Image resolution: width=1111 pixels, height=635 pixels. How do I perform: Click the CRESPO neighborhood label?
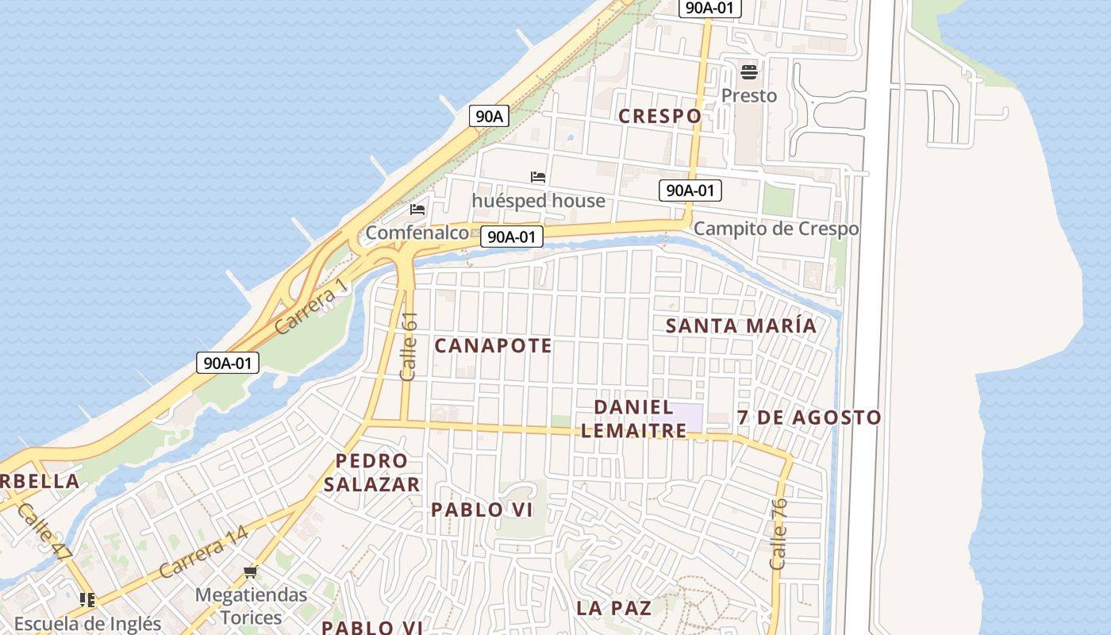659,116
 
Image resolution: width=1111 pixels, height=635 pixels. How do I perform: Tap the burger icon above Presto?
749,73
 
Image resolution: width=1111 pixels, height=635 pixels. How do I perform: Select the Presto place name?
749,95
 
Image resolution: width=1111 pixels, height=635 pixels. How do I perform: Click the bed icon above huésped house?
538,177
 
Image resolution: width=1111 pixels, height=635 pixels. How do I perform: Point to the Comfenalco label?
417,233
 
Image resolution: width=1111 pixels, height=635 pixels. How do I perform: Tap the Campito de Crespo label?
776,229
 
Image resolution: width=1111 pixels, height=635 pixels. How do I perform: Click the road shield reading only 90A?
488,116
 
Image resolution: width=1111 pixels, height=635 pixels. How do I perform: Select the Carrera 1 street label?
311,306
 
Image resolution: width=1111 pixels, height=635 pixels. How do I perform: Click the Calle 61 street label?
409,346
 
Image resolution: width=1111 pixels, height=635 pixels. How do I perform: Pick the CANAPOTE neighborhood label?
493,346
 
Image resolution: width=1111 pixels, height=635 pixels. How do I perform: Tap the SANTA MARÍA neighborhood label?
740,325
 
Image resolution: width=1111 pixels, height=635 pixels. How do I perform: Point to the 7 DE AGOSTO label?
809,418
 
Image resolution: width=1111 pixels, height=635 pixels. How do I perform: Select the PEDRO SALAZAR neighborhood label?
371,472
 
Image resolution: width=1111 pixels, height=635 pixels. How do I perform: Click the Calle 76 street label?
778,533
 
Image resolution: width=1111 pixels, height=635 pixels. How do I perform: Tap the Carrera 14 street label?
203,552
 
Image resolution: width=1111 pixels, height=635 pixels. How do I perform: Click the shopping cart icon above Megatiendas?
251,571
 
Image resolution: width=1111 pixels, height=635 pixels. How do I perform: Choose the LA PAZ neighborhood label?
614,608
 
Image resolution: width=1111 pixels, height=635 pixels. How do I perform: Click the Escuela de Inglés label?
87,624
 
